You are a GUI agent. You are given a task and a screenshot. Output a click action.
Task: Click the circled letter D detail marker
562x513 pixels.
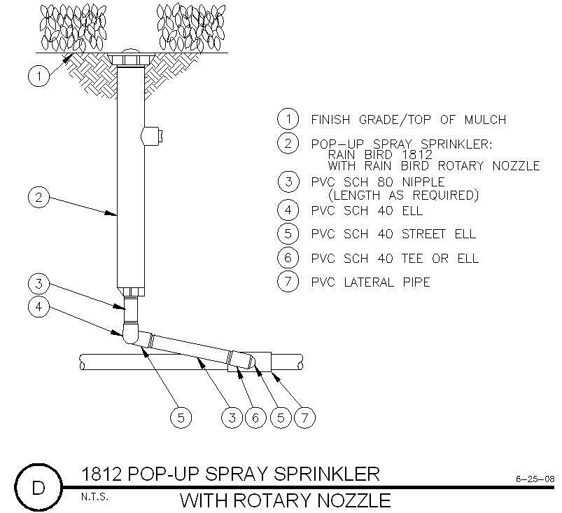(38, 488)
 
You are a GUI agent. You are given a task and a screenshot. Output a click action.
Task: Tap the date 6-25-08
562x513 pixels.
(535, 479)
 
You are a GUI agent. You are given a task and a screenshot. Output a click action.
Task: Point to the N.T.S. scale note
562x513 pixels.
(94, 497)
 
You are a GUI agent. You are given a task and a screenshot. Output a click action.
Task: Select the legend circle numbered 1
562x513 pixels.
(288, 119)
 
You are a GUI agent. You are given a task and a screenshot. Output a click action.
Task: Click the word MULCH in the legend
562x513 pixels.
(485, 120)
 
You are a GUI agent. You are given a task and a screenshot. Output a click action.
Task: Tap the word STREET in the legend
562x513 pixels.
(423, 234)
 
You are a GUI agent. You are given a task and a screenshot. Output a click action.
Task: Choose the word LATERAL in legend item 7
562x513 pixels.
(369, 282)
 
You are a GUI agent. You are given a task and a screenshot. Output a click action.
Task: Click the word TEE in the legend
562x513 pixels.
(412, 259)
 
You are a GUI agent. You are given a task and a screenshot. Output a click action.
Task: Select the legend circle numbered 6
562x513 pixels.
(288, 258)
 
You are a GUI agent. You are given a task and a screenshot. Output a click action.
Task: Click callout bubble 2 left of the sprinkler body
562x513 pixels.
(38, 197)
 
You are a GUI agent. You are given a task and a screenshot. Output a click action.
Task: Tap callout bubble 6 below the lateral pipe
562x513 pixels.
(255, 418)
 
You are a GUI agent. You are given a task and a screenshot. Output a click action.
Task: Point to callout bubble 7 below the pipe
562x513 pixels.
(304, 418)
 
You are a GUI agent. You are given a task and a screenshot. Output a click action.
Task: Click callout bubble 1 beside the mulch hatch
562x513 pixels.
(38, 76)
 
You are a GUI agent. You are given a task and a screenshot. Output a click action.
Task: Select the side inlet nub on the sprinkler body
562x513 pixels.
(152, 136)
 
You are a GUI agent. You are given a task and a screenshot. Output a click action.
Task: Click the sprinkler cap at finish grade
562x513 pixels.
(130, 57)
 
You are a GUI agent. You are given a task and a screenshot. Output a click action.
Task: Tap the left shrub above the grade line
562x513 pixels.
(73, 28)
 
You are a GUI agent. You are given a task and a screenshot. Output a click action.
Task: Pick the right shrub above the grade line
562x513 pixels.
(190, 28)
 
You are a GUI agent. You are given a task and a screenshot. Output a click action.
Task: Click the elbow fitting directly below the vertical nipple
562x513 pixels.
(130, 334)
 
